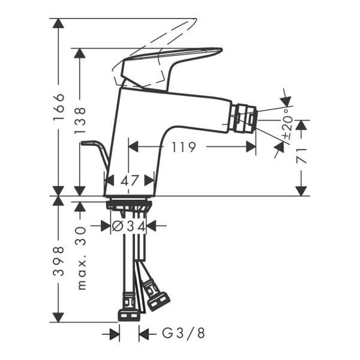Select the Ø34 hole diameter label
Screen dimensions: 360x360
pos(130,226)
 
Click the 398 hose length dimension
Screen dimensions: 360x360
pos(58,260)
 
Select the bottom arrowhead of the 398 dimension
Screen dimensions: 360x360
pos(58,317)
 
